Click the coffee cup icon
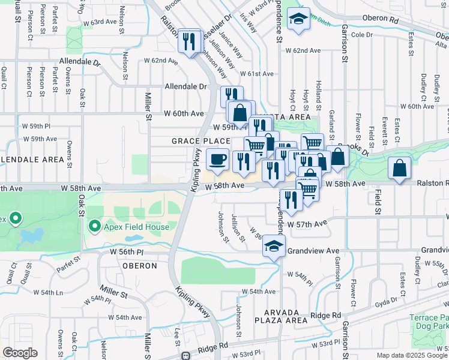coord(217,160)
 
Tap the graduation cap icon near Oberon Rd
coord(298,19)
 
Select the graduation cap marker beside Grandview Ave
coord(274,247)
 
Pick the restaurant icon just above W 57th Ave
coord(291,200)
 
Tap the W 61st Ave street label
coord(257,74)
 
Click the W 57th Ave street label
coord(308,223)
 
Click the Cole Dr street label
coord(362,35)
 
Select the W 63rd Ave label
coord(100,22)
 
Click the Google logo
coord(20,353)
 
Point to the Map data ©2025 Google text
coord(412,355)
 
